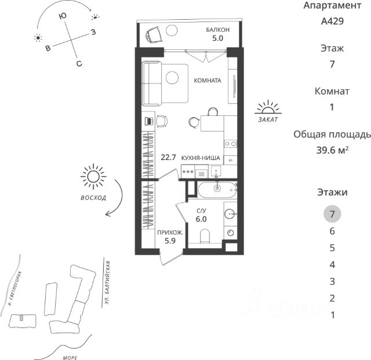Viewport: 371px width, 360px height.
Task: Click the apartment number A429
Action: (x=332, y=22)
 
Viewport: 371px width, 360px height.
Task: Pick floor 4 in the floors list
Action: (x=332, y=265)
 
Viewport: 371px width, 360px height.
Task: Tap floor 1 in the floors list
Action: (x=332, y=315)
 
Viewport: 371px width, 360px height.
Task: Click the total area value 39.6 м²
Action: (x=332, y=150)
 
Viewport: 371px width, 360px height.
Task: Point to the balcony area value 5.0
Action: (x=218, y=39)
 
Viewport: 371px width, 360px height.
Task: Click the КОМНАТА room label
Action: (x=208, y=81)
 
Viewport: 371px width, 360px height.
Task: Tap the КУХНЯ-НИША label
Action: (x=201, y=157)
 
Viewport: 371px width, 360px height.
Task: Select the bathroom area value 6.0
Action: (x=201, y=219)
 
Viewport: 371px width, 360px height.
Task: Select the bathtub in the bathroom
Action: (x=217, y=188)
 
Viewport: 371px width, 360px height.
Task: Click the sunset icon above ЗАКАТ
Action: (x=268, y=108)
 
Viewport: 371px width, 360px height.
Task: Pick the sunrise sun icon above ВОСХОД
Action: (x=93, y=177)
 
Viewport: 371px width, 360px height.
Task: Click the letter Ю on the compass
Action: (x=61, y=17)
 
